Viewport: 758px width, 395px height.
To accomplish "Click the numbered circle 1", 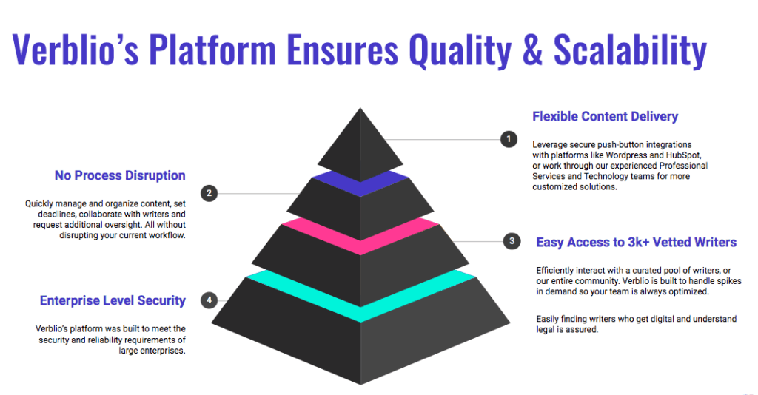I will coord(509,138).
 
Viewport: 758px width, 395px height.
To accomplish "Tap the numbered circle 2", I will coord(209,193).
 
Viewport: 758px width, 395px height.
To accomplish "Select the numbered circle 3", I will coord(512,240).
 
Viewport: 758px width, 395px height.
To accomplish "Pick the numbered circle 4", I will coord(209,300).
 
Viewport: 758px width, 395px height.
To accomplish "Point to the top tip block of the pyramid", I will coord(360,141).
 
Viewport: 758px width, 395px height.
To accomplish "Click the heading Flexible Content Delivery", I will coord(605,117).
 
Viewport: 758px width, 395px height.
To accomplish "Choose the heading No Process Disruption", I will coord(120,176).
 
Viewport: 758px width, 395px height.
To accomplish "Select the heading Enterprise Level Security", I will coord(113,301).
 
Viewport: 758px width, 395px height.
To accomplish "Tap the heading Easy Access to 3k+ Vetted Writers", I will coord(636,242).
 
